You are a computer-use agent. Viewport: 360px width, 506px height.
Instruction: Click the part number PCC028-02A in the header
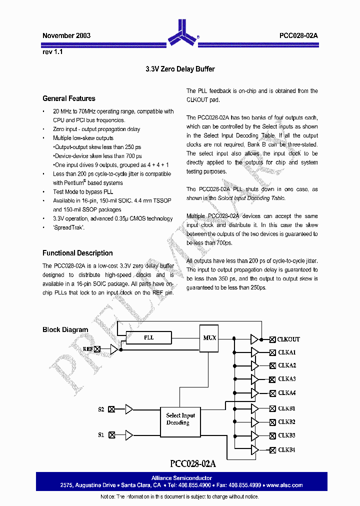(x=298, y=36)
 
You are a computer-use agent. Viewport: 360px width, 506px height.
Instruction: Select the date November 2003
(x=66, y=36)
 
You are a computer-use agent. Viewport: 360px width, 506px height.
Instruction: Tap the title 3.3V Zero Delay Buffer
(x=180, y=69)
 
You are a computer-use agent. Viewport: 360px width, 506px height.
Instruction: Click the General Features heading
(x=69, y=98)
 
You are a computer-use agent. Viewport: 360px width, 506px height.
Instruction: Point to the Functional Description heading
(x=77, y=253)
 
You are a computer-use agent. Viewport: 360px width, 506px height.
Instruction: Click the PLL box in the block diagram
(x=149, y=338)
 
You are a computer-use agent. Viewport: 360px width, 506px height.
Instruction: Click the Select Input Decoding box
(x=180, y=419)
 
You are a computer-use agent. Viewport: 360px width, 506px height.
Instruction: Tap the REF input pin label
(x=88, y=349)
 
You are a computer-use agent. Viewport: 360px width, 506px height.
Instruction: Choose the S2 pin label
(x=101, y=409)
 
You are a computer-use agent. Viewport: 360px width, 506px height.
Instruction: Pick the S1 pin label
(x=101, y=435)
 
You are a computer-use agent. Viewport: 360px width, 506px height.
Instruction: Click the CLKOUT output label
(x=288, y=339)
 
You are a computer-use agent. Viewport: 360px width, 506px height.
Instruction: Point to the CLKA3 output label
(x=287, y=379)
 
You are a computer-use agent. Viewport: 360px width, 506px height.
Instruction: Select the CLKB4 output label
(x=286, y=449)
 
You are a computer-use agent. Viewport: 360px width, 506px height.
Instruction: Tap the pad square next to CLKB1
(x=272, y=408)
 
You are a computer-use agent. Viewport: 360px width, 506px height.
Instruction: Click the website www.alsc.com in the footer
(x=284, y=485)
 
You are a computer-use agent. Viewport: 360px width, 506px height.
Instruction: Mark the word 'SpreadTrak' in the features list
(x=69, y=227)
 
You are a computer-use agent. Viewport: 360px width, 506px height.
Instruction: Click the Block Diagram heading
(x=65, y=329)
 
